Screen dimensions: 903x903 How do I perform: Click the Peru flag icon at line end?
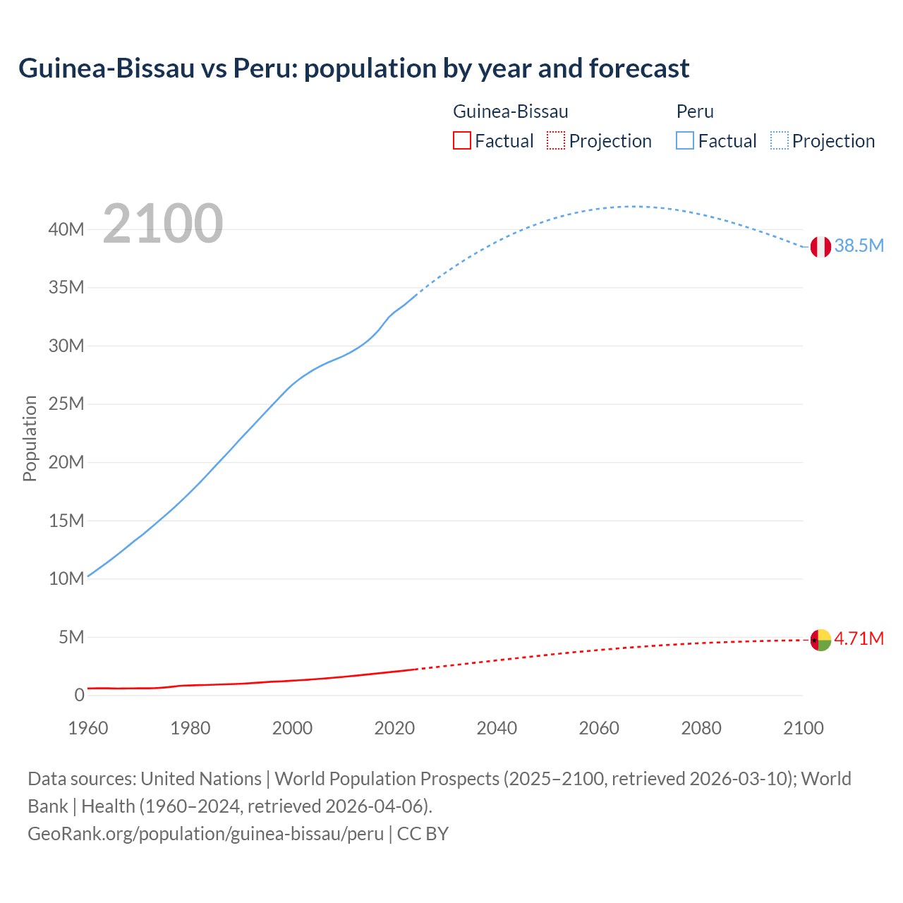coord(820,247)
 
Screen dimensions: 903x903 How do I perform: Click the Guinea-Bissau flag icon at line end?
coord(820,640)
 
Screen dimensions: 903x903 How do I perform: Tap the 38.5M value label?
coord(859,246)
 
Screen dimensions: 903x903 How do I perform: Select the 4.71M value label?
coord(859,638)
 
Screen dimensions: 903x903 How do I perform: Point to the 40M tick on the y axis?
coord(66,229)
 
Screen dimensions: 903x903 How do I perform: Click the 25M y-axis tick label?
coord(66,404)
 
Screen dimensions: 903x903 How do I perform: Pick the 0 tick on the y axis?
coord(79,696)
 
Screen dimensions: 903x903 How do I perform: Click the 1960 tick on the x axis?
coord(88,728)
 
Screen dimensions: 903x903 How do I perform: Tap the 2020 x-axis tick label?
coord(394,728)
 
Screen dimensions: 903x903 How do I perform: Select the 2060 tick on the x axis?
coord(599,728)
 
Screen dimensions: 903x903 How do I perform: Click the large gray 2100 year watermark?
coord(163,224)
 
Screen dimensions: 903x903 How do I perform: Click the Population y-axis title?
coord(30,438)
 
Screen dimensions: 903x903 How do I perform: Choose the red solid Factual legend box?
coord(461,140)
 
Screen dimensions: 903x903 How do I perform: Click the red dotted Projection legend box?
coord(556,140)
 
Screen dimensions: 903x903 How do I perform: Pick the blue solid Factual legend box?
coord(685,140)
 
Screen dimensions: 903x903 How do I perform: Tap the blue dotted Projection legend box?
coord(780,140)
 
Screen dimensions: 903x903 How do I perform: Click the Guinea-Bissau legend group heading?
coord(510,111)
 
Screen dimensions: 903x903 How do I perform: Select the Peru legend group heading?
coord(695,111)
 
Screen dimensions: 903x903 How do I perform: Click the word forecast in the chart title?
coord(639,68)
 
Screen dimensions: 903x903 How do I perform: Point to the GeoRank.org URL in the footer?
coord(205,834)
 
